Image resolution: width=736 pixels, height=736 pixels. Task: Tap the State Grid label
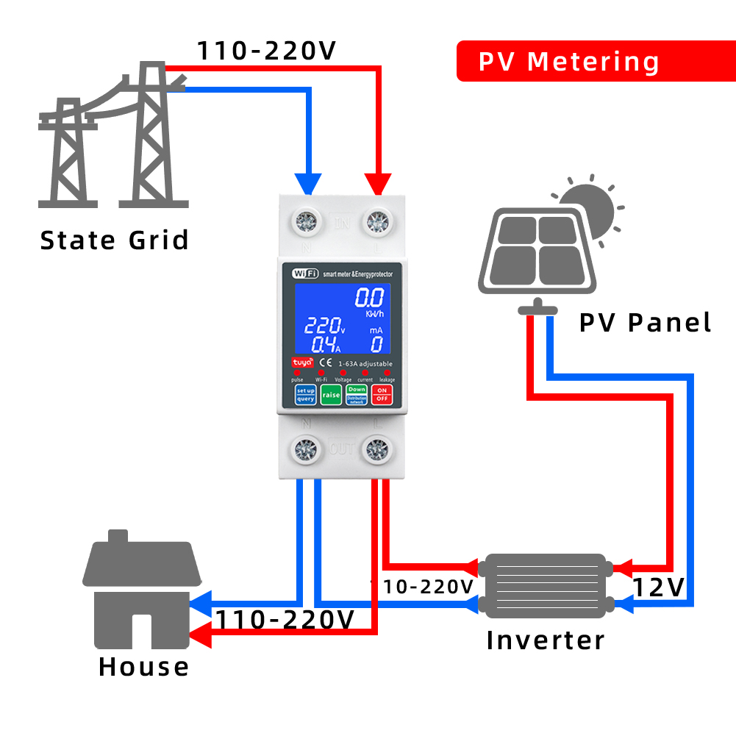coord(114,240)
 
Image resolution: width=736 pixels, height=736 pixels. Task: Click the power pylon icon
coord(114,136)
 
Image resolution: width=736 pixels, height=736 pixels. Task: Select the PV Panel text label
coord(645,323)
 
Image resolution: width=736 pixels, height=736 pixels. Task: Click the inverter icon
coord(544,585)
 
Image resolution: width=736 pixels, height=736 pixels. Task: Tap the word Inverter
coord(546,640)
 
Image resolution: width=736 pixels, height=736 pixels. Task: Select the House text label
coord(143,667)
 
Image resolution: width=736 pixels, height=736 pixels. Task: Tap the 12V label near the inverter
coord(659,587)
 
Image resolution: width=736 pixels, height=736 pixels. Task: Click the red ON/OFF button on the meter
coord(381,395)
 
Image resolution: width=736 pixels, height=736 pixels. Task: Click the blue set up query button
coord(305,395)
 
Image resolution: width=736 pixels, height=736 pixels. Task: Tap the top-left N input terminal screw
coord(304,221)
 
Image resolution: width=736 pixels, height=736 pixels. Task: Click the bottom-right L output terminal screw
coord(376,448)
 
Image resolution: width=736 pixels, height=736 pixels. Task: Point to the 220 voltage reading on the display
coord(322,326)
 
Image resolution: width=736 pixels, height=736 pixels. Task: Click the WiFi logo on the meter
coord(305,274)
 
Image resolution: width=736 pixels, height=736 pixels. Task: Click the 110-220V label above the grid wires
coord(266,51)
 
